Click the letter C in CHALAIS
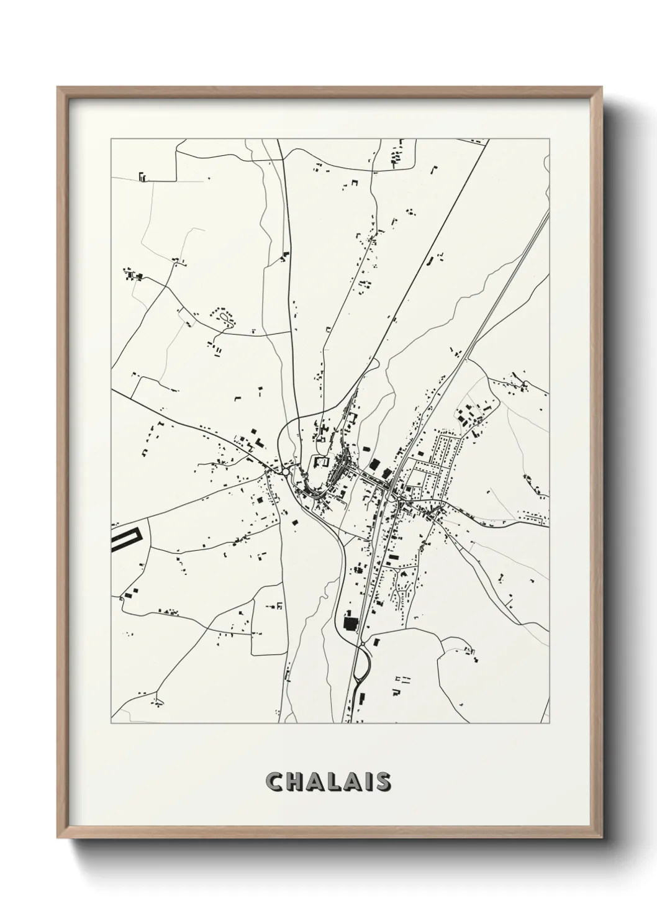[274, 782]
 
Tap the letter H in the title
[294, 782]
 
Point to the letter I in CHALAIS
[368, 782]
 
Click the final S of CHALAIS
[382, 782]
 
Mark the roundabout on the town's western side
[285, 473]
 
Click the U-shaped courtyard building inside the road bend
[321, 462]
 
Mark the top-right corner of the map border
[549, 139]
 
